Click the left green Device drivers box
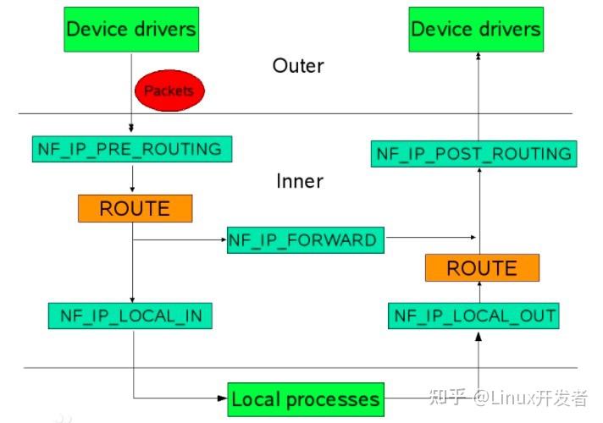(131, 30)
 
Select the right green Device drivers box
(475, 30)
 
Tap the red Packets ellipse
(169, 90)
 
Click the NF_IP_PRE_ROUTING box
(130, 150)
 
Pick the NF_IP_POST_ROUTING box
(474, 154)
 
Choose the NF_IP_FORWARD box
(302, 239)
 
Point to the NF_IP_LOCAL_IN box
(130, 316)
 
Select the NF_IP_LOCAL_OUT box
(475, 316)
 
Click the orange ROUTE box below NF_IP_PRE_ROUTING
(135, 208)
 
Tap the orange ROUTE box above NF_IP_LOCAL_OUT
(481, 268)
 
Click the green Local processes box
(305, 398)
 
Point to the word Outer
(298, 66)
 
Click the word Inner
(300, 181)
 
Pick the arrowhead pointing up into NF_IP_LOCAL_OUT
(479, 336)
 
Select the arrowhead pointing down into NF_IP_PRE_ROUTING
(132, 129)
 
